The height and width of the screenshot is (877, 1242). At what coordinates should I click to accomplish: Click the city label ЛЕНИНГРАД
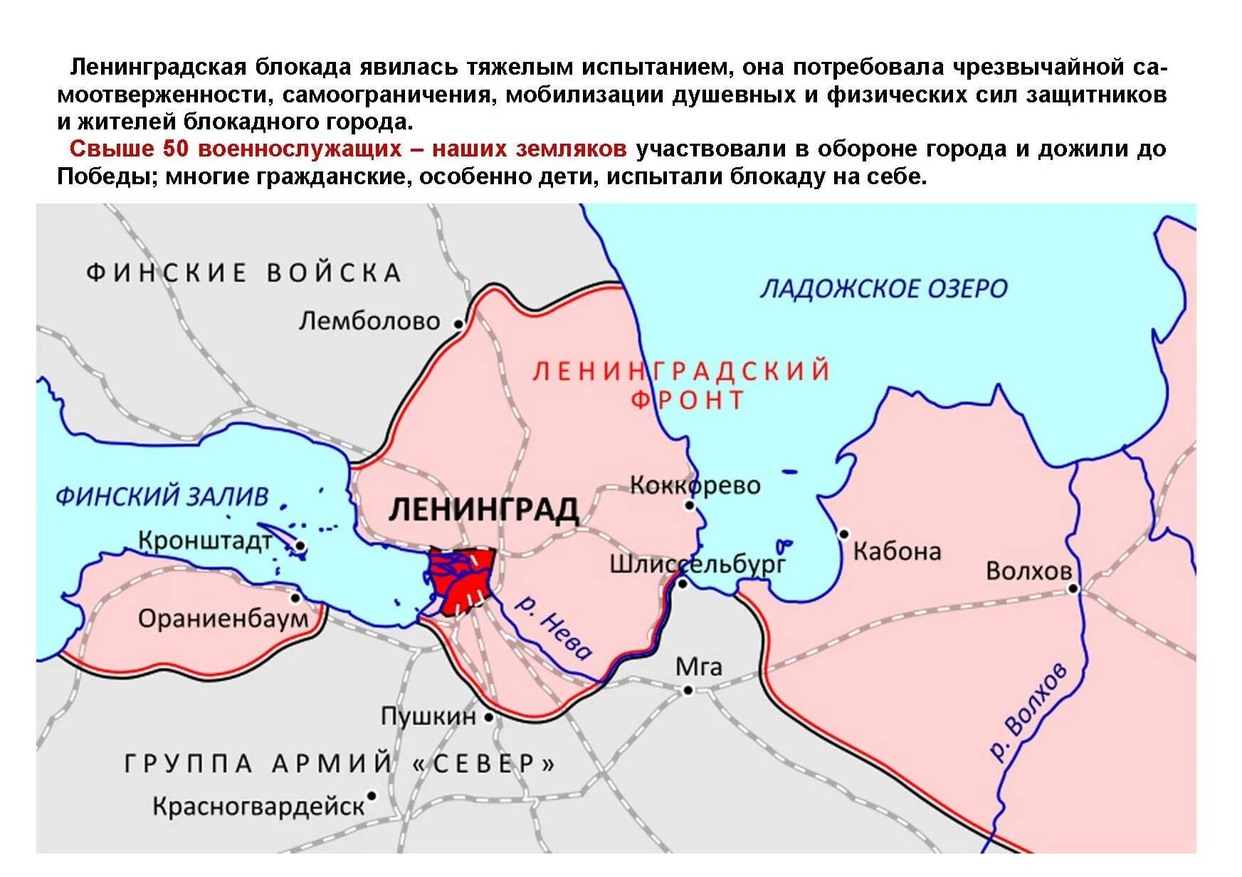483,509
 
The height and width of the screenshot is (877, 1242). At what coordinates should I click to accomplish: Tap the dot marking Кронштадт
300,546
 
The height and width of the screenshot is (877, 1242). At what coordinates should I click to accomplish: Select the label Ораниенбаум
223,619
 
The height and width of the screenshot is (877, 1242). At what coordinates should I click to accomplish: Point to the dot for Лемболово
458,324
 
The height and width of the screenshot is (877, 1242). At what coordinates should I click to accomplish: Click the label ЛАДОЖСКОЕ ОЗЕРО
883,289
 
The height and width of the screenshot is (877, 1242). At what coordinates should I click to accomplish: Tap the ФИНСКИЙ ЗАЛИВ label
162,496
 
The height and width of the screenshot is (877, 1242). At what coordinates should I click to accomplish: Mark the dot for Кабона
843,533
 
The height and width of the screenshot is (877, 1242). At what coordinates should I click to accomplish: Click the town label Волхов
1028,570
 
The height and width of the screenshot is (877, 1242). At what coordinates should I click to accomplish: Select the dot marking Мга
688,690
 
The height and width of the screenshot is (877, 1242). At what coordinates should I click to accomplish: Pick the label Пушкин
428,716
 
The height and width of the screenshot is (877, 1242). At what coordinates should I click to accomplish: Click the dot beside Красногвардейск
371,796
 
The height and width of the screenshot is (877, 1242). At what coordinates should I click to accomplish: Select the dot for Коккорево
689,506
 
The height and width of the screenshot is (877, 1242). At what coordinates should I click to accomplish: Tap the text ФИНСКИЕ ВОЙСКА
243,273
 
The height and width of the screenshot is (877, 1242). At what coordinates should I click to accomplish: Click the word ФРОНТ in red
688,400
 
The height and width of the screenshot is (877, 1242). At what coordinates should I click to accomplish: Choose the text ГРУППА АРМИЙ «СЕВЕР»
340,764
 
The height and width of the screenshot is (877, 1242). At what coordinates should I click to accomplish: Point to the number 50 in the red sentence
177,149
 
